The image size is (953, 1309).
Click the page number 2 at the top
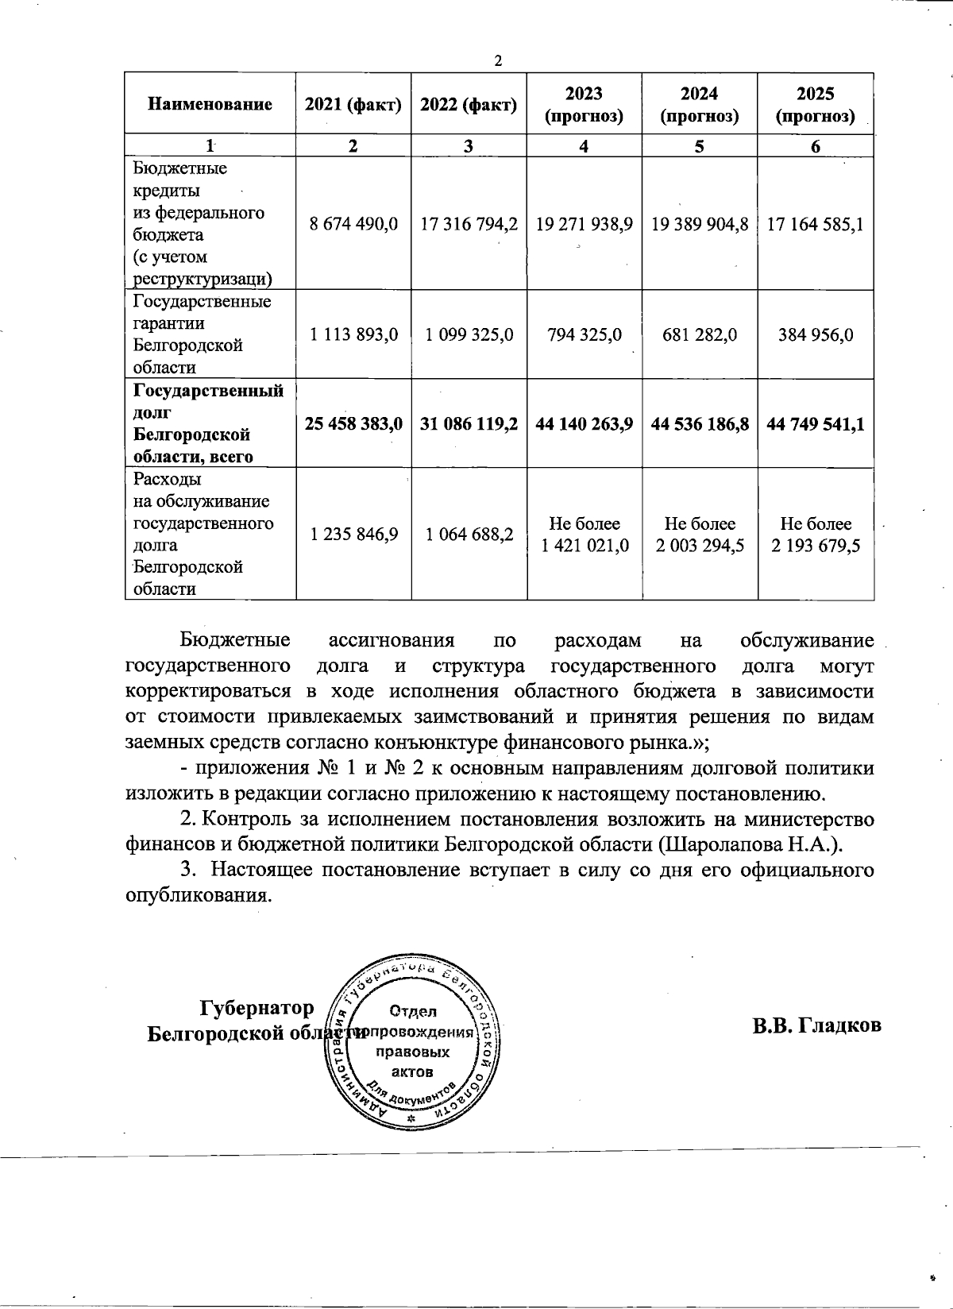498,61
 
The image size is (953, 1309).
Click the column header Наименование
210,104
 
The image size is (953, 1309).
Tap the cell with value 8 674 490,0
353,224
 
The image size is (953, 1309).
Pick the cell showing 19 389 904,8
700,224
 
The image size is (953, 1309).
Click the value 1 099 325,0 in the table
469,334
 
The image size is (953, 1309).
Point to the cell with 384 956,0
816,334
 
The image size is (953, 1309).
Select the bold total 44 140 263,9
584,424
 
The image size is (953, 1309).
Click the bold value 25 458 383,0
353,424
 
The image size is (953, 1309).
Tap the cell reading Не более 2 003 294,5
700,535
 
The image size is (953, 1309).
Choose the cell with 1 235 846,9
353,535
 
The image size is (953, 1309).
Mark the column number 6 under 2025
816,146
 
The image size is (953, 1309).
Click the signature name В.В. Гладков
817,1025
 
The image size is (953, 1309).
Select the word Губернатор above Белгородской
257,1008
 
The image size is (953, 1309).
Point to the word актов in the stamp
413,1072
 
